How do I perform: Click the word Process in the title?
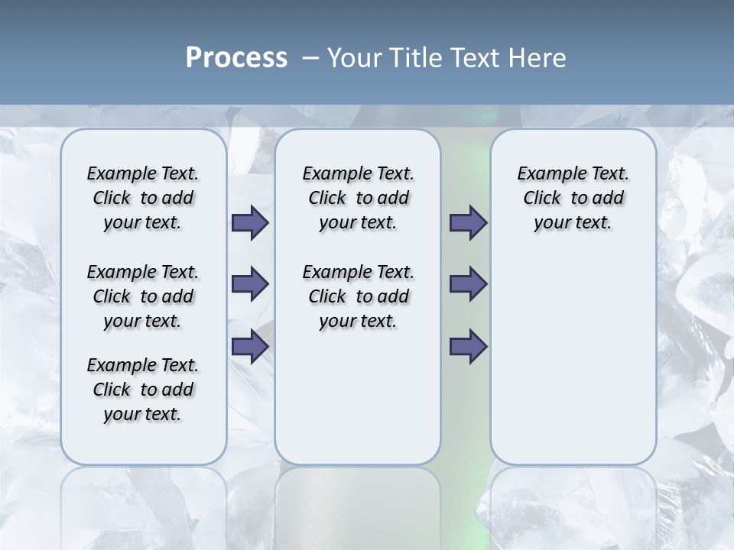[236, 57]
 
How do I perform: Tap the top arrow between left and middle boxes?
[250, 222]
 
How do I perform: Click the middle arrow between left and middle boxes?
[250, 284]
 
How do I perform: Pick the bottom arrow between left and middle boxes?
[250, 347]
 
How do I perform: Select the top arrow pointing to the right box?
[468, 222]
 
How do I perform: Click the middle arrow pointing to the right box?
[468, 284]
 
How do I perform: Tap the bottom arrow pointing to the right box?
[468, 347]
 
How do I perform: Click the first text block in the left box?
[143, 198]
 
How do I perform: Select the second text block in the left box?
[143, 296]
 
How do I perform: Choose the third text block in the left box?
[143, 390]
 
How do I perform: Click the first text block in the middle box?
[358, 198]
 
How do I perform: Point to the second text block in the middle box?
[358, 296]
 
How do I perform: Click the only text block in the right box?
[573, 198]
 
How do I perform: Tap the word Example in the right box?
[546, 173]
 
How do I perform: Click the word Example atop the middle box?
[331, 173]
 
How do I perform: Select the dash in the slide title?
[310, 57]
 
